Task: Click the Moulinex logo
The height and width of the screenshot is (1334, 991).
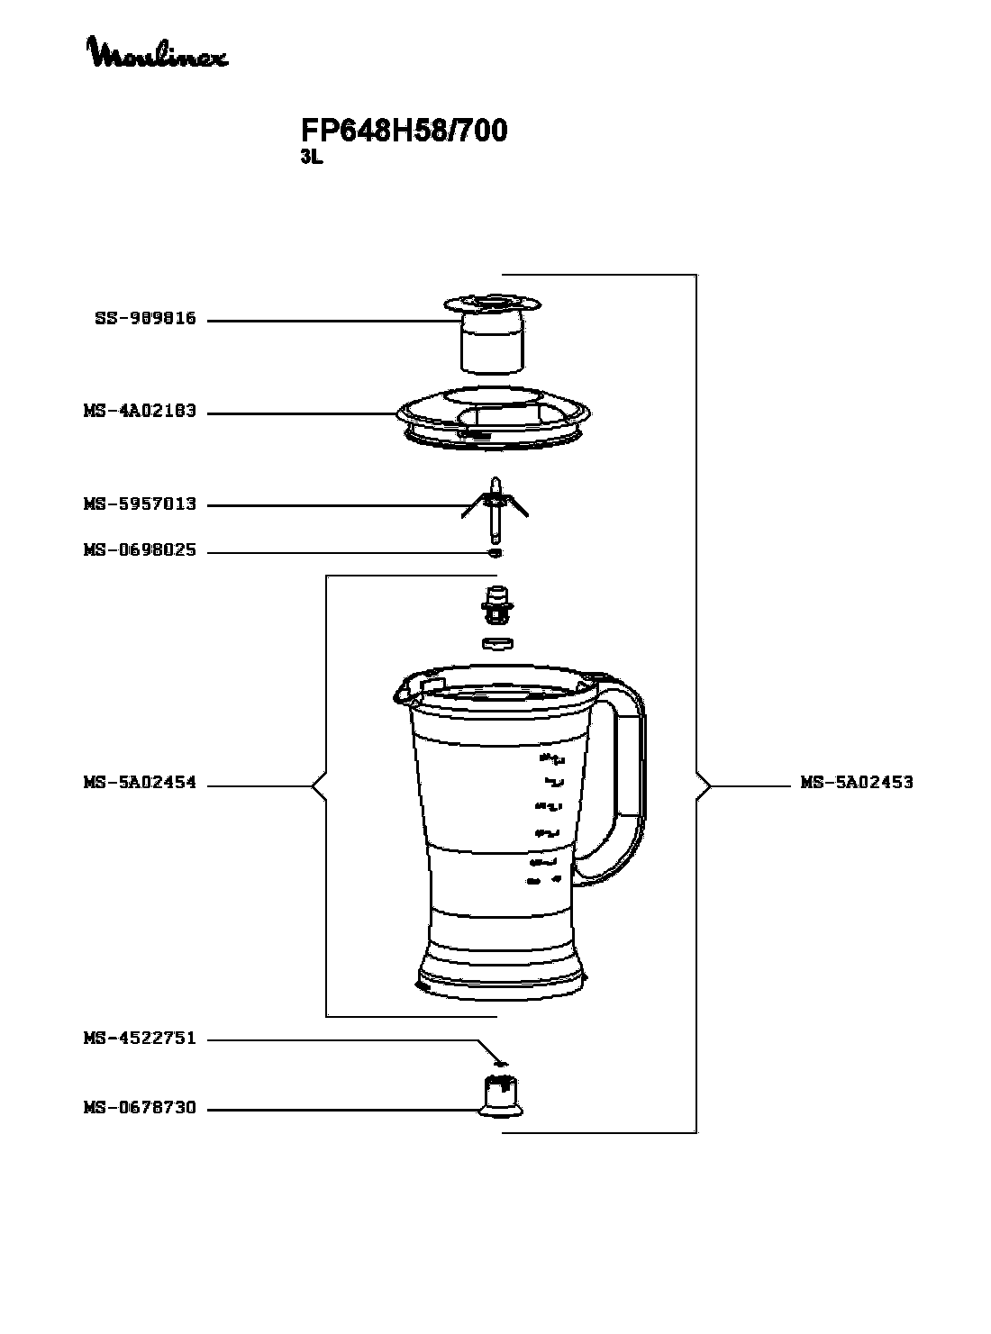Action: tap(157, 53)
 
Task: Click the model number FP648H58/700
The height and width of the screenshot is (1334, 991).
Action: tap(404, 132)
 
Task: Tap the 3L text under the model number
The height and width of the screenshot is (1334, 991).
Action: tap(311, 157)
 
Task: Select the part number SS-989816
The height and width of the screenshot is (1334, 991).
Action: tap(145, 319)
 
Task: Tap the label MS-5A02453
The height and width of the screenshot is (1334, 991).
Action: tap(857, 783)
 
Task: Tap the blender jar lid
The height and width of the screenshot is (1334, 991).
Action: tap(496, 417)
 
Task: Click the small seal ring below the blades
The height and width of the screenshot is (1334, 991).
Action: tap(495, 551)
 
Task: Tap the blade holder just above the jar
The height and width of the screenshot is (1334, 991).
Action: tap(496, 603)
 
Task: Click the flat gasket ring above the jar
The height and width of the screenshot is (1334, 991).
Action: tap(497, 642)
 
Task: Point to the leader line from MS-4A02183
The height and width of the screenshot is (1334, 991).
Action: tap(297, 413)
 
